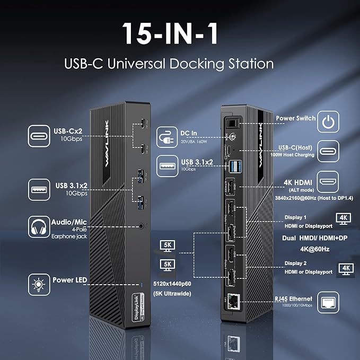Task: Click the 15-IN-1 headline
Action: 180,33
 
